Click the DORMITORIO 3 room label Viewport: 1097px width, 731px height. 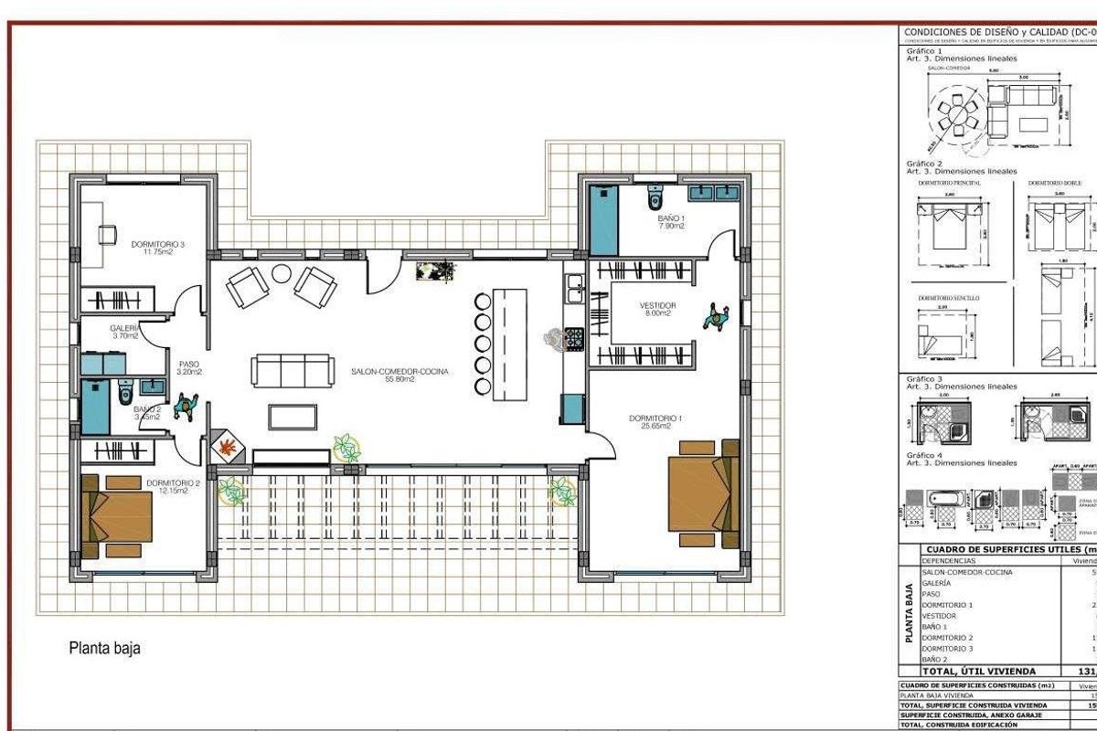158,244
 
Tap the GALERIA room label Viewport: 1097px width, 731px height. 124,327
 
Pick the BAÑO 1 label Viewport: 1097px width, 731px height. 671,219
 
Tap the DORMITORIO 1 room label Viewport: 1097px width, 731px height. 656,418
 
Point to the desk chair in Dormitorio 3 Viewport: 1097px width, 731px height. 107,234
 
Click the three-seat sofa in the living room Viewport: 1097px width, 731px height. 292,371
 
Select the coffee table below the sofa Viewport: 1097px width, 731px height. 293,417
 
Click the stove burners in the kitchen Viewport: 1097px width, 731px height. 574,340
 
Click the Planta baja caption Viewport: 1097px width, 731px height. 105,649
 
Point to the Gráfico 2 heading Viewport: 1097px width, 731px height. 923,164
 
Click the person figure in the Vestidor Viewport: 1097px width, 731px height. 715,317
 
